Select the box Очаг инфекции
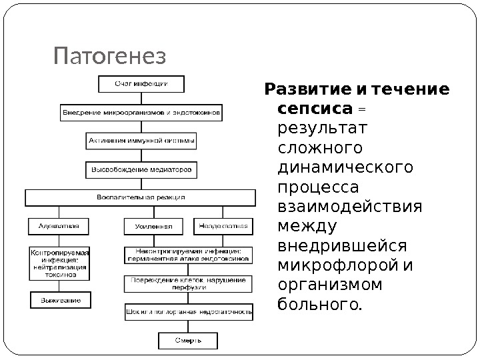(x=141, y=85)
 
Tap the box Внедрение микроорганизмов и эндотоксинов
(x=141, y=113)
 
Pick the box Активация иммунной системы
(x=141, y=142)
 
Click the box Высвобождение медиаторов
(x=141, y=170)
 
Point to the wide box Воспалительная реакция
(x=141, y=198)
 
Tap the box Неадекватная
(x=223, y=227)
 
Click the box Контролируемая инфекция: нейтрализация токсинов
(x=59, y=263)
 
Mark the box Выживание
(x=59, y=301)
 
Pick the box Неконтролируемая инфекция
(x=188, y=254)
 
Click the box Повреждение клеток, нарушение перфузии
(x=188, y=283)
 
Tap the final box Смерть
(x=188, y=341)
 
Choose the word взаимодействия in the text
(x=349, y=205)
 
